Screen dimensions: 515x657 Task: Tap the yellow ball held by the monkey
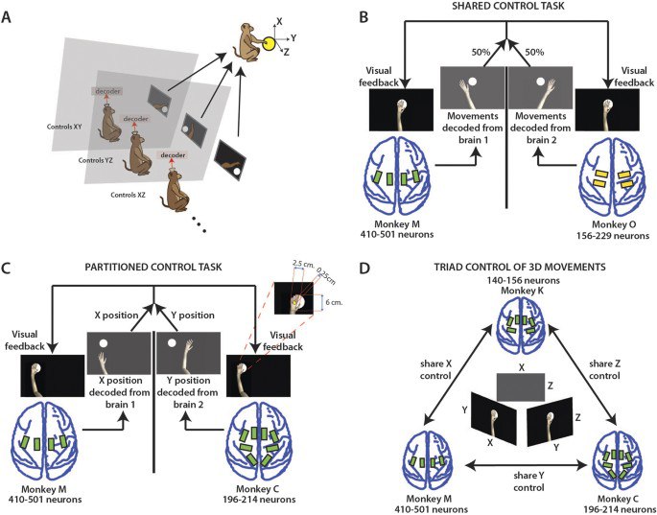point(271,42)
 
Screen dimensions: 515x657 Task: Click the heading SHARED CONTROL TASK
point(507,9)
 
